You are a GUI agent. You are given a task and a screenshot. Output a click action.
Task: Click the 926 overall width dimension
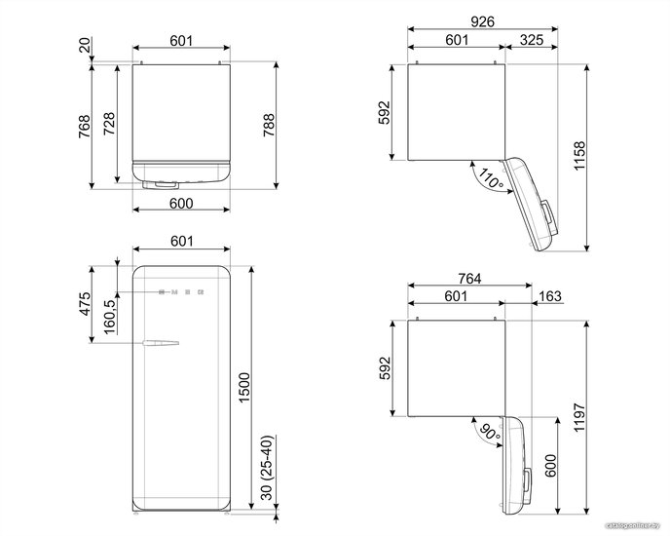[482, 21]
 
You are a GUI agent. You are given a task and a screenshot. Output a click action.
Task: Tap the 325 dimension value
[532, 40]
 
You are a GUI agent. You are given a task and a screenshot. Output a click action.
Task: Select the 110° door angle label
[490, 178]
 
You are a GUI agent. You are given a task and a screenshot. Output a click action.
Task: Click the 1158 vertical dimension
[579, 156]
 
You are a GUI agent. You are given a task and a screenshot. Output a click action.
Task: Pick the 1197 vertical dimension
[579, 417]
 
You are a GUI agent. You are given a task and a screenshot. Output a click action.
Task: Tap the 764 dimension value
[469, 279]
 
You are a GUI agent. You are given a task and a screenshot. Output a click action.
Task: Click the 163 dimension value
[550, 296]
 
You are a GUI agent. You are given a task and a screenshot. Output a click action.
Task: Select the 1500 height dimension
[244, 387]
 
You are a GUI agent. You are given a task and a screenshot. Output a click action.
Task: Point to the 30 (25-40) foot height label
[266, 468]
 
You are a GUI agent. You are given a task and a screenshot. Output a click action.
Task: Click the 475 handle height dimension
[86, 304]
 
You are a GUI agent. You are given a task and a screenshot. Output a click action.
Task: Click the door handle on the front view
[161, 343]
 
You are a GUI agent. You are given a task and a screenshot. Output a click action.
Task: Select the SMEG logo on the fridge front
[181, 292]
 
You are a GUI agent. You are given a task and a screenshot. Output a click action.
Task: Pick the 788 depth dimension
[269, 125]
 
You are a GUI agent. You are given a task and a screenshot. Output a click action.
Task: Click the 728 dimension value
[109, 124]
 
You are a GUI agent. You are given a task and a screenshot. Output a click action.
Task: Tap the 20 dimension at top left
[85, 45]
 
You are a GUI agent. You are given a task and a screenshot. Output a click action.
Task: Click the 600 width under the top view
[181, 203]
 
